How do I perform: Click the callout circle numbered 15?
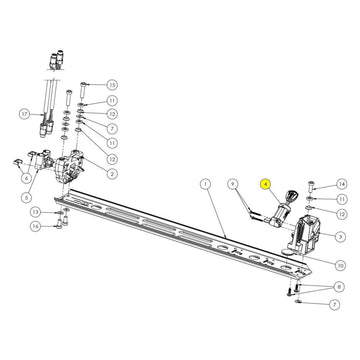112,84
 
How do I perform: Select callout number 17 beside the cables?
24,113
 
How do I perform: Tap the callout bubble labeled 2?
112,173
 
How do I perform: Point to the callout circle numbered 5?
27,197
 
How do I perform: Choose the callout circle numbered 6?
14,177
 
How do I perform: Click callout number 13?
34,213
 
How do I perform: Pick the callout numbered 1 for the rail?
204,184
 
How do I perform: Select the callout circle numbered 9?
231,184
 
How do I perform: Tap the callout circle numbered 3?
340,235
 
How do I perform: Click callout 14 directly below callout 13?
34,226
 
